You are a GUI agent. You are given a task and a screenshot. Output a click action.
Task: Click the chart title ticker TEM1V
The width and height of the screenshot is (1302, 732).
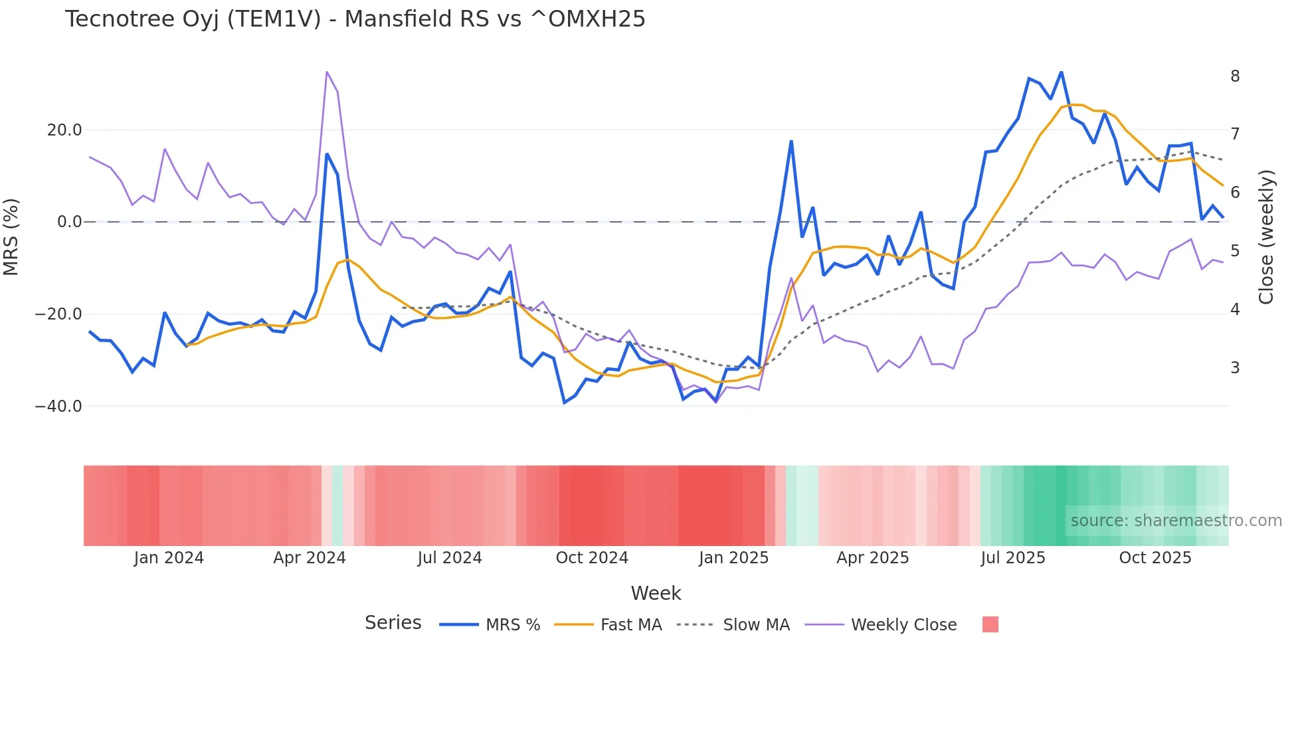(274, 19)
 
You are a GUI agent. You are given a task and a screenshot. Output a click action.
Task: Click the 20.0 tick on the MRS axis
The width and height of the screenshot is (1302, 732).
(64, 130)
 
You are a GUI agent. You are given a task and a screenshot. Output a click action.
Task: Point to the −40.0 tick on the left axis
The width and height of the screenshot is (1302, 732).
(58, 406)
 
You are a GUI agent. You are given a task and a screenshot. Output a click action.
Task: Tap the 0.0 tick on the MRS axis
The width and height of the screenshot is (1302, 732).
(69, 222)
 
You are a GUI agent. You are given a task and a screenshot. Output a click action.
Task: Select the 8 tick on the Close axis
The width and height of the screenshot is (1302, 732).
(1235, 76)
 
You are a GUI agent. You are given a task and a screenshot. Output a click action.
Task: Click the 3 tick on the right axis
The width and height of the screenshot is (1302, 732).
(1235, 367)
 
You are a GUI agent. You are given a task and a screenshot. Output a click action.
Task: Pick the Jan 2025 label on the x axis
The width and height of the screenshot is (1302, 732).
(733, 558)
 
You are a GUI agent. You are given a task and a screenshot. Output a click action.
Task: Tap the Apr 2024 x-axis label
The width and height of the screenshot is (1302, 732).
(310, 558)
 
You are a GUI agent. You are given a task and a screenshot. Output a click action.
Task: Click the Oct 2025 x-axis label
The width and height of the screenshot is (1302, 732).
(1155, 558)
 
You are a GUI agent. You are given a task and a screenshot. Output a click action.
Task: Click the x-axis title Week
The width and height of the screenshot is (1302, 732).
(656, 593)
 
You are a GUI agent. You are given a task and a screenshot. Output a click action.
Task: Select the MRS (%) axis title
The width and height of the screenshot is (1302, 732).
(11, 237)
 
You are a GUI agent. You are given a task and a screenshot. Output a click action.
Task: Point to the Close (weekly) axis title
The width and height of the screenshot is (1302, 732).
(1266, 237)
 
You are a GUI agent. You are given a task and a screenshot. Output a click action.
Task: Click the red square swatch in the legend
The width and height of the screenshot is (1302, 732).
(990, 624)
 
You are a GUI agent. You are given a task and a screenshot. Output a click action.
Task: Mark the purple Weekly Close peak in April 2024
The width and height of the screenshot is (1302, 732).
(327, 72)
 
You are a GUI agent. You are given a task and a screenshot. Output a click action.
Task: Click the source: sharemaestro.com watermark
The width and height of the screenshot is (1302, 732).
(1176, 521)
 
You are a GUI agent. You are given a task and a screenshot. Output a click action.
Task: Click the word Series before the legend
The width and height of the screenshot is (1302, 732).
(393, 623)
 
